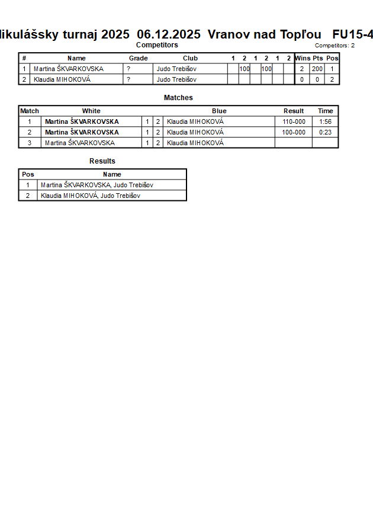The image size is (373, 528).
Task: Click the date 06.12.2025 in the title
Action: [169, 34]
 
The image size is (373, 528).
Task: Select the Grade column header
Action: [138, 58]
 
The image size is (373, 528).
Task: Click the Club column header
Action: [190, 58]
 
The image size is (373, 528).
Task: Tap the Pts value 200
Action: [317, 69]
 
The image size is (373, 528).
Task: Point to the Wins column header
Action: [302, 58]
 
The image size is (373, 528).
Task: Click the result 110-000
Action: [294, 121]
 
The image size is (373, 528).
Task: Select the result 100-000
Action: [294, 132]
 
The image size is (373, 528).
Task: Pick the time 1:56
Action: [325, 121]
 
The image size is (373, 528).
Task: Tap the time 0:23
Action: [325, 132]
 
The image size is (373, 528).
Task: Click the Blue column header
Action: [219, 111]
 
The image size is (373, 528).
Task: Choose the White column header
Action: [91, 111]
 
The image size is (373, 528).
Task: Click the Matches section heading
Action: [178, 98]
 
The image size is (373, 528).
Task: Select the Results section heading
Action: [102, 161]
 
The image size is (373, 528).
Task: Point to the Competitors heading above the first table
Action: [157, 45]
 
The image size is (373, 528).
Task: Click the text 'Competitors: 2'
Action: [335, 46]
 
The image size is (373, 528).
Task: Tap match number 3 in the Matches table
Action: [30, 143]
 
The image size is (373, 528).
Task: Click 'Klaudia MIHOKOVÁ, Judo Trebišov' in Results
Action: [91, 196]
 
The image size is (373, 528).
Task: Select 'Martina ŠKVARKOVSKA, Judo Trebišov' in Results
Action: [96, 185]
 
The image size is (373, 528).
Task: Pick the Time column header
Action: [325, 111]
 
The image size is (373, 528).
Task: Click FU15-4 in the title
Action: [352, 34]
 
